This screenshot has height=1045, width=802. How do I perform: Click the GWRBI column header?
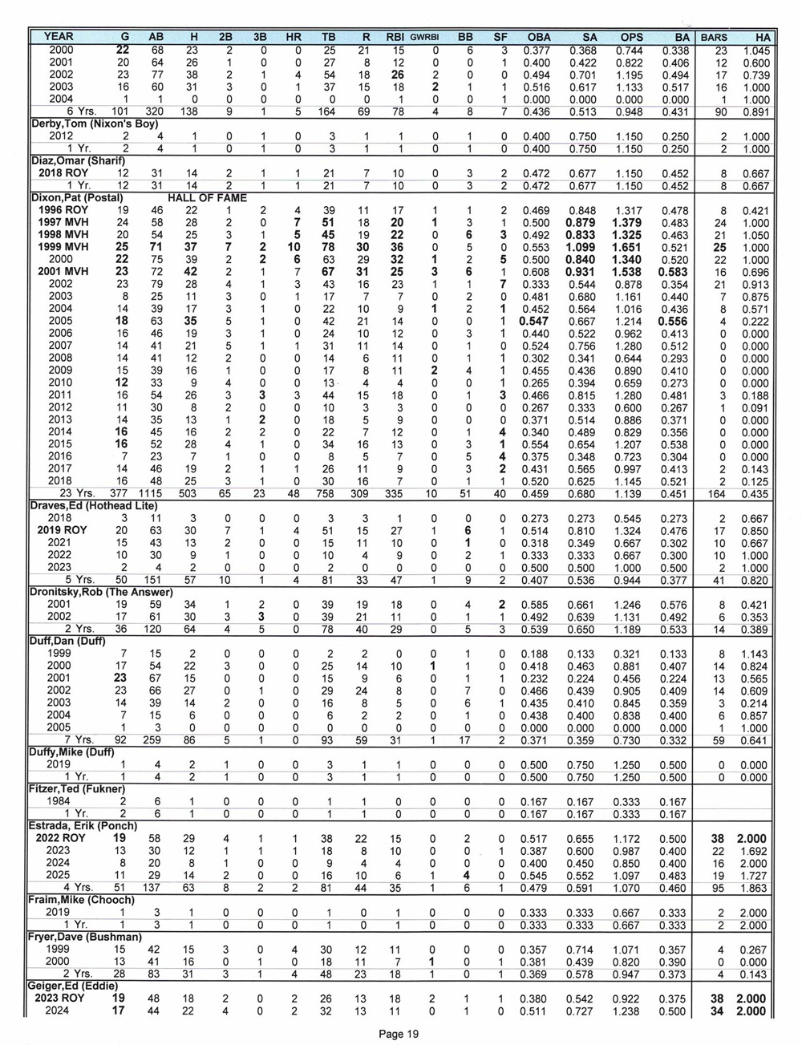(x=426, y=37)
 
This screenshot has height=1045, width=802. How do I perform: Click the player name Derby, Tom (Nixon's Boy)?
(x=95, y=124)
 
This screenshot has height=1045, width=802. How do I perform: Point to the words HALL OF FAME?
(x=207, y=198)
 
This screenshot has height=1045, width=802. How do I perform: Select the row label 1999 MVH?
(x=61, y=248)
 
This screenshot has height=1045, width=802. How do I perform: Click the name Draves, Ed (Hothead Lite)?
(x=95, y=506)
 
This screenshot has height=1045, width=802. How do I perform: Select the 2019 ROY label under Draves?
(x=61, y=531)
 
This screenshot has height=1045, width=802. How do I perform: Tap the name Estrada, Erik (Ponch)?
(x=83, y=826)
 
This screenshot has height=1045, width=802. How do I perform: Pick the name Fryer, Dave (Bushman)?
(x=87, y=937)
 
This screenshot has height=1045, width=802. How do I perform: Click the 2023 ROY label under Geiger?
(x=61, y=998)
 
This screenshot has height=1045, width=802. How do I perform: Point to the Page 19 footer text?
(x=399, y=1035)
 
